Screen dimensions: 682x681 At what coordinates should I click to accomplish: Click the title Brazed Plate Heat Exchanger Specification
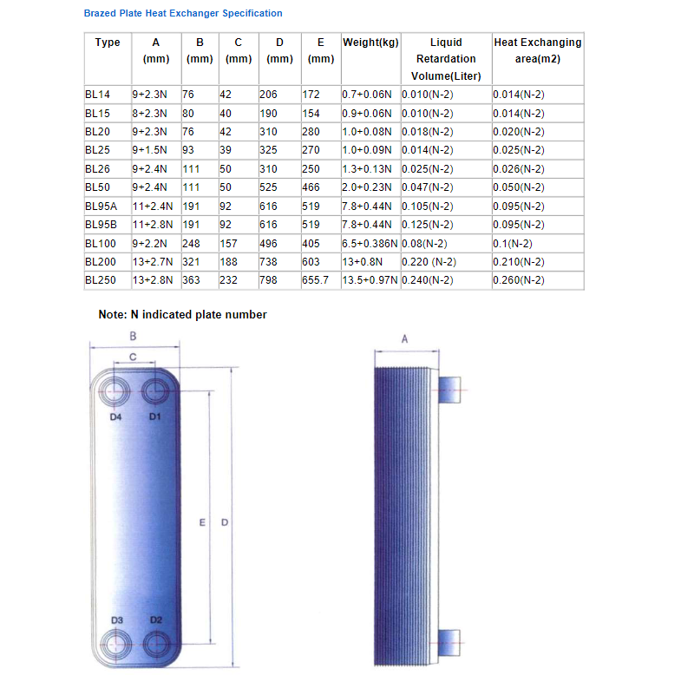point(182,14)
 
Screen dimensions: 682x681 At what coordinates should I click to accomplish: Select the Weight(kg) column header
point(370,43)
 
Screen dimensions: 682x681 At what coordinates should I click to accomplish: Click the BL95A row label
point(101,207)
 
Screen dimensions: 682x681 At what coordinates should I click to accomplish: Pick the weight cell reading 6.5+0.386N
point(370,244)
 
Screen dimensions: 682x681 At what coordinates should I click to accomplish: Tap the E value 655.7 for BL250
point(316,280)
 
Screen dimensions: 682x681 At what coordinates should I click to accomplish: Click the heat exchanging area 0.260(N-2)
point(519,280)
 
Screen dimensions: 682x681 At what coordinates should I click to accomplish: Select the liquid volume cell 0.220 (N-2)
point(429,262)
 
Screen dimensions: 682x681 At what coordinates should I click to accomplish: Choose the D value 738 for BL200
point(269,262)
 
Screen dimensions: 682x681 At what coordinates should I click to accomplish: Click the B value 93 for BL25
point(189,150)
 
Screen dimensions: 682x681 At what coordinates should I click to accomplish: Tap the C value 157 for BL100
point(230,244)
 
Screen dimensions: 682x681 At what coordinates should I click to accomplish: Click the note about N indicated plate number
point(182,315)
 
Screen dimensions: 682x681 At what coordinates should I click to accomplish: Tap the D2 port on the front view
point(155,644)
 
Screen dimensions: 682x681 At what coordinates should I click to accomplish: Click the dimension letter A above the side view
point(404,341)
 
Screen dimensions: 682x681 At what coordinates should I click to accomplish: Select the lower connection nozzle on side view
point(452,641)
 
